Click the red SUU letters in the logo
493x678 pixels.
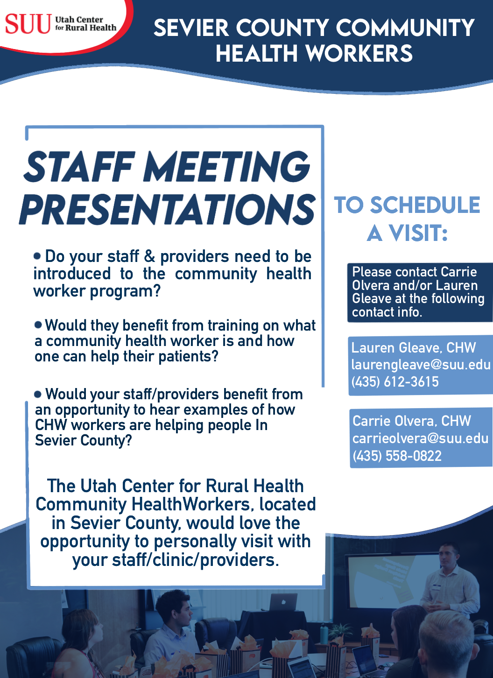click(x=28, y=24)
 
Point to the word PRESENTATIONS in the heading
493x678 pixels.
click(x=168, y=209)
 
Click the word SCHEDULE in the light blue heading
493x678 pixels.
click(x=425, y=205)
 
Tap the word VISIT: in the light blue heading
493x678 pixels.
click(x=418, y=233)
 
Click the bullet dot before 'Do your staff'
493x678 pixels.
click(x=38, y=256)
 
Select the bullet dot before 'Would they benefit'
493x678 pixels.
click(x=38, y=324)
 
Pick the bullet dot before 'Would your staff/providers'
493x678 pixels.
click(x=38, y=394)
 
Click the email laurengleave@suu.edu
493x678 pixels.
click(x=421, y=364)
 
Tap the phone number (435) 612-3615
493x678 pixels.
click(x=395, y=381)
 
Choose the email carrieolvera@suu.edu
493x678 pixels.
click(x=420, y=438)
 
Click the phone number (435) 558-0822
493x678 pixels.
click(x=397, y=456)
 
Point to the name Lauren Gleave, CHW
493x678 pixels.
click(x=413, y=347)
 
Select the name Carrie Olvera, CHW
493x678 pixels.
click(x=411, y=421)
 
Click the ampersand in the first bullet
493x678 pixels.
click(x=149, y=256)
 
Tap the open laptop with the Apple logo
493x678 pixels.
click(x=283, y=602)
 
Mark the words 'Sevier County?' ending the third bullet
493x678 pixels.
click(x=84, y=440)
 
